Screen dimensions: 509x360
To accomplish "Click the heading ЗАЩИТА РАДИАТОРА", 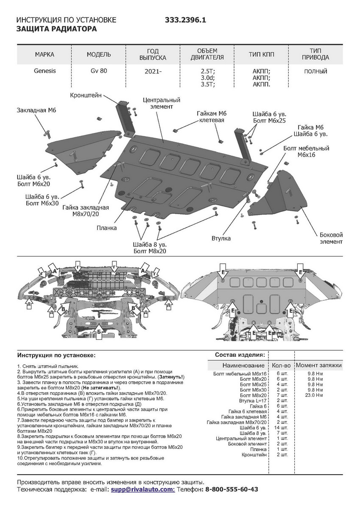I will pyautogui.click(x=56, y=29).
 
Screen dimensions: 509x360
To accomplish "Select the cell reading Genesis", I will pyautogui.click(x=45, y=71).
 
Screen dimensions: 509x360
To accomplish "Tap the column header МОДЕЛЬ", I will pyautogui.click(x=99, y=55).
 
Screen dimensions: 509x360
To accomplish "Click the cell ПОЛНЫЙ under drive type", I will pyautogui.click(x=315, y=71).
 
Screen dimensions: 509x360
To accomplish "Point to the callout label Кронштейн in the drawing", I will pyautogui.click(x=86, y=95).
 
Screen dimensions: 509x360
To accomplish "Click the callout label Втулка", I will pyautogui.click(x=221, y=238).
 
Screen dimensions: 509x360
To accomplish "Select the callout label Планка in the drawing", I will pyautogui.click(x=106, y=228).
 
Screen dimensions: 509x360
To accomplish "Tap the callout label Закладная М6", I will pyautogui.click(x=36, y=110).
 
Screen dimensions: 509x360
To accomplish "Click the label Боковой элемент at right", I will pyautogui.click(x=331, y=238).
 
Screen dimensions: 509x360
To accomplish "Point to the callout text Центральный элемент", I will pyautogui.click(x=162, y=103).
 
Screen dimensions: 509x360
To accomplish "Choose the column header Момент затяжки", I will pyautogui.click(x=318, y=365).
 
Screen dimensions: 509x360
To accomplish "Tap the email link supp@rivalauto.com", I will pyautogui.click(x=142, y=489).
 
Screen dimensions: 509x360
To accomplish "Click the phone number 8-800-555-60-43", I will pyautogui.click(x=232, y=489).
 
